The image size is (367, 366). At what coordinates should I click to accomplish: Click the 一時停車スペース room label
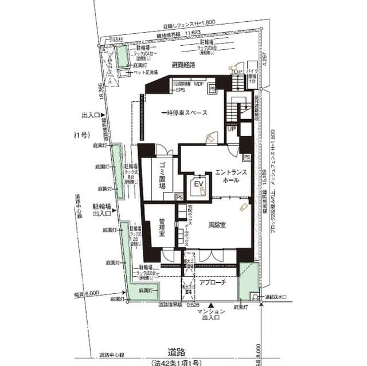[183, 112]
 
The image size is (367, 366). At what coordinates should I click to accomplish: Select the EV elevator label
[199, 184]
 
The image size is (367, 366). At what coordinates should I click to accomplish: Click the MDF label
[199, 84]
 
